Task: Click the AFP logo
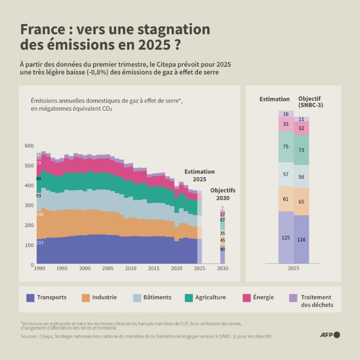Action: pos(330,335)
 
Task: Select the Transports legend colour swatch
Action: pos(30,297)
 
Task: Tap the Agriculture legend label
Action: pos(211,297)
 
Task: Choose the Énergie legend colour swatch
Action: pos(247,297)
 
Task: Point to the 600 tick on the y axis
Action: pos(29,146)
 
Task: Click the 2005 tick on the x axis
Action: pos(107,269)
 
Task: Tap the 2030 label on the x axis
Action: pos(223,269)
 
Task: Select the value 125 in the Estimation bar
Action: pos(286,238)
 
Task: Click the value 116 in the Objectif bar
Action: pos(301,240)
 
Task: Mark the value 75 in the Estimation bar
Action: pos(286,147)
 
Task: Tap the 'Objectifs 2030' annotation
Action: pos(223,194)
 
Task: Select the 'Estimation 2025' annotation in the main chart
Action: pos(199,175)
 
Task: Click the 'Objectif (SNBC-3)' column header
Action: pos(310,102)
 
